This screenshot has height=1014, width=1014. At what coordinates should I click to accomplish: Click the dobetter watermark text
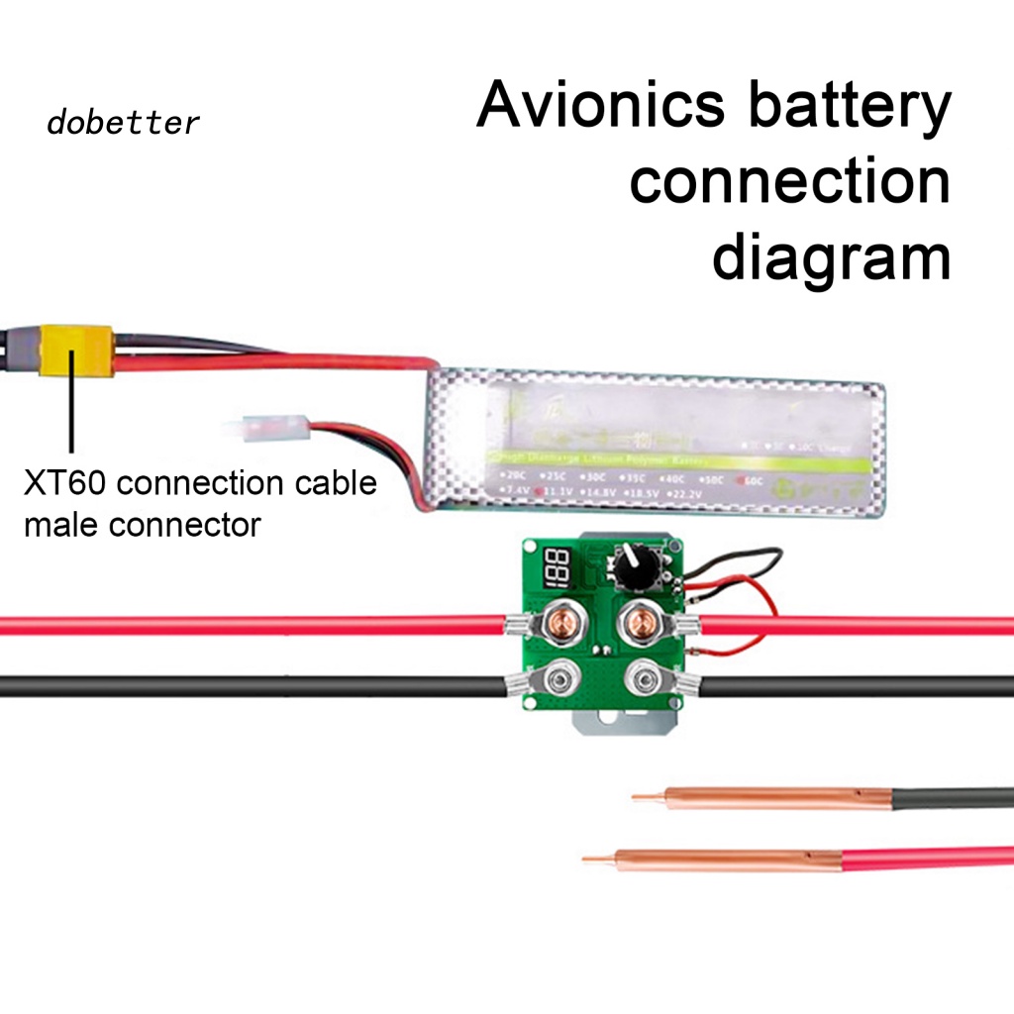(123, 123)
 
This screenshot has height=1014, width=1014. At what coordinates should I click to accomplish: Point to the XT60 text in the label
(65, 484)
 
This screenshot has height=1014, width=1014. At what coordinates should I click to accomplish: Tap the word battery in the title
(849, 107)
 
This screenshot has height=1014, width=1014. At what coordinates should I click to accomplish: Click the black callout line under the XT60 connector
(70, 416)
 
